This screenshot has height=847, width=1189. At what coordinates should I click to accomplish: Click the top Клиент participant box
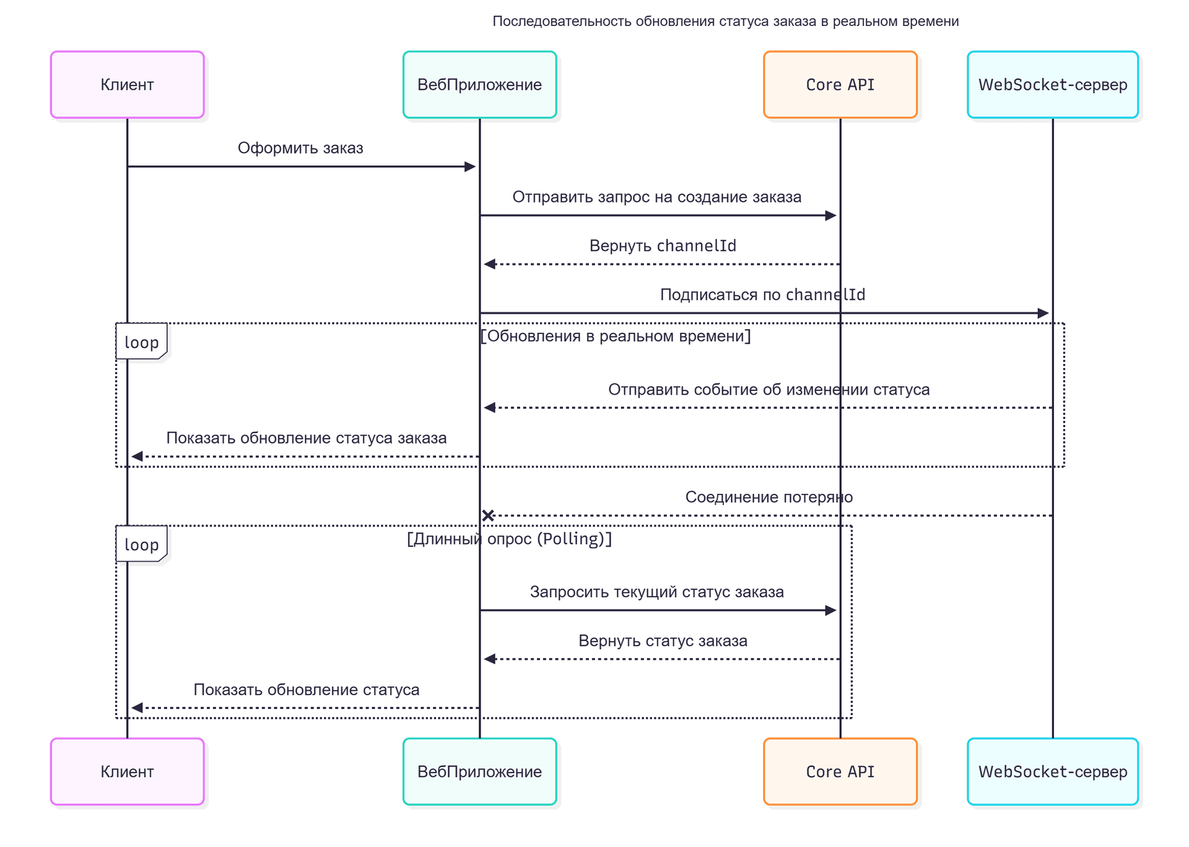coord(127,85)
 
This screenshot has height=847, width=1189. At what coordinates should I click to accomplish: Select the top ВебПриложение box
coord(479,85)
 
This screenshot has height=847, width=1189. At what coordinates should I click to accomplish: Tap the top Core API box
coord(840,85)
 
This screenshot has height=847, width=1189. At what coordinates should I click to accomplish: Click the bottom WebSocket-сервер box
coord(1052,771)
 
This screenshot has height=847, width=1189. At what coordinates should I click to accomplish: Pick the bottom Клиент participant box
coord(127,771)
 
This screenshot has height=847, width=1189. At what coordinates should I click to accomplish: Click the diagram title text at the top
coord(725,22)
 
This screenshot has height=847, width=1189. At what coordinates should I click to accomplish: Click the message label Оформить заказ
coord(300,148)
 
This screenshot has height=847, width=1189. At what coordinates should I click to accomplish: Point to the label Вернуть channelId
coord(663,246)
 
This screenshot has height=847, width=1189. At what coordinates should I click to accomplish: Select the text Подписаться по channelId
coord(762,295)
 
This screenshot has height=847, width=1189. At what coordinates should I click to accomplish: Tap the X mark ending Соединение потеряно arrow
coord(488,516)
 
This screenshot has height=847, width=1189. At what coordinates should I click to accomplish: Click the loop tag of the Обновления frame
coord(141,342)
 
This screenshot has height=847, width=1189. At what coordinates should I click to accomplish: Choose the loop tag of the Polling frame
coord(141,545)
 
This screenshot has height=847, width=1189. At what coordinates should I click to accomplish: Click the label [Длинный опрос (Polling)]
coord(509,539)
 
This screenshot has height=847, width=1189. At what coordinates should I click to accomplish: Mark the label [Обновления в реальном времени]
coord(616,336)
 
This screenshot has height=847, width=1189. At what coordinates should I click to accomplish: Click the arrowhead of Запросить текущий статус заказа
coord(831,610)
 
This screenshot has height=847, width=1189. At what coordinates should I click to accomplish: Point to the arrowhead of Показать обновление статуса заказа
coord(137,457)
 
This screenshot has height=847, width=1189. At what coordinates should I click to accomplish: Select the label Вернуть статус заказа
coord(663,641)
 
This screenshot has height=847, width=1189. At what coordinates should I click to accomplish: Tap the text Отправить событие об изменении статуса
coord(769,390)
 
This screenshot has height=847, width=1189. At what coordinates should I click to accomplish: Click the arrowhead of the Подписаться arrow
coord(1043,314)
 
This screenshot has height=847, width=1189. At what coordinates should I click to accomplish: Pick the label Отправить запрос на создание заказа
coord(656,197)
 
